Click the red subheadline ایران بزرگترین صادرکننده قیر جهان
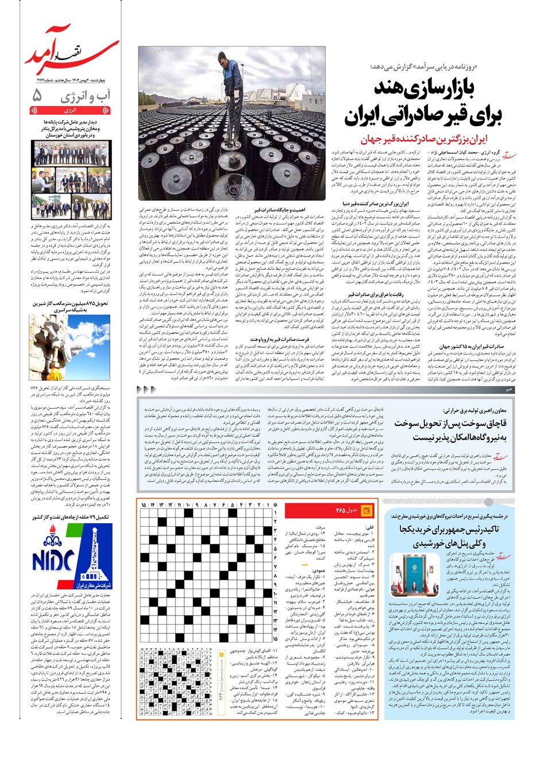[431, 139]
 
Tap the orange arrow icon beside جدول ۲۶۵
[367, 510]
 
